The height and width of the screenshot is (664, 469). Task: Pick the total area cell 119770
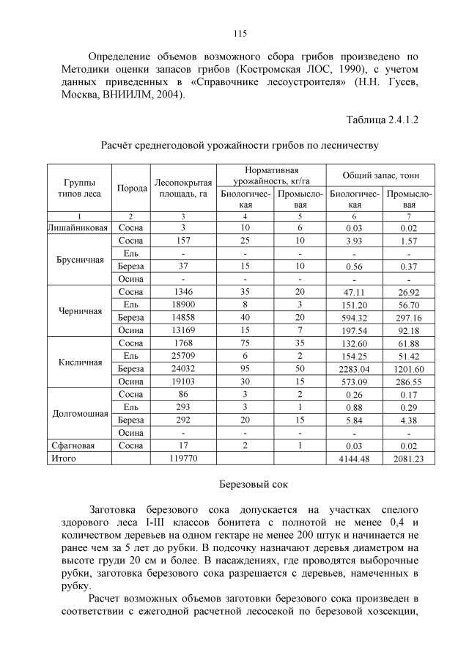(x=183, y=458)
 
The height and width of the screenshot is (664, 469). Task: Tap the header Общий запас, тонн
(x=380, y=176)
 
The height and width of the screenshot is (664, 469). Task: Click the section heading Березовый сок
(x=254, y=485)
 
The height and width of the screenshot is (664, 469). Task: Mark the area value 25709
(x=183, y=355)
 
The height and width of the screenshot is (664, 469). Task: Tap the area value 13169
(x=183, y=330)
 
